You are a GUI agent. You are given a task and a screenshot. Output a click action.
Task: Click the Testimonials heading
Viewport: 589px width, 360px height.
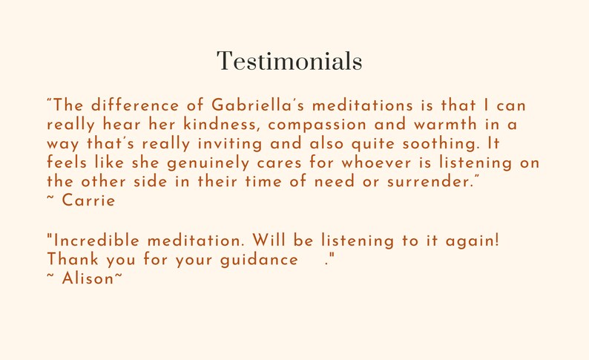tap(289, 62)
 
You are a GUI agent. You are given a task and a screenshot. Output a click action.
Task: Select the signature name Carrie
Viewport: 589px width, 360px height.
tap(89, 200)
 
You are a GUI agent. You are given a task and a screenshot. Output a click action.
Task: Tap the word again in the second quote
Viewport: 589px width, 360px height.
tap(474, 240)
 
